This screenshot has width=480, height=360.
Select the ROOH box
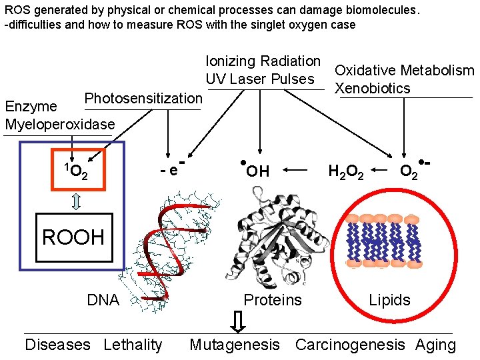coord(73,237)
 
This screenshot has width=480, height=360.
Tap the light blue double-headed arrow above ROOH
coord(76,201)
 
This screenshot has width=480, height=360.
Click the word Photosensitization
coord(143,99)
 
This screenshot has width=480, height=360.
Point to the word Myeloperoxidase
coord(59,124)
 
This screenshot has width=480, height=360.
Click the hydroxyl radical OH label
coord(255,171)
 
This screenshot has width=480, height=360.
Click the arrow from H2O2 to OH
coord(297,171)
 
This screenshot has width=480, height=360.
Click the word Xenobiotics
coord(372,89)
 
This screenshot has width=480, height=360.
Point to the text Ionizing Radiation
coord(263,61)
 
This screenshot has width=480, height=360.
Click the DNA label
coord(103,300)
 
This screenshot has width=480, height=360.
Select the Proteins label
coord(272,300)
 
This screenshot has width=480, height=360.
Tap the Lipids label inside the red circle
coord(389,300)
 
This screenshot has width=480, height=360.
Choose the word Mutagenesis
coord(235,345)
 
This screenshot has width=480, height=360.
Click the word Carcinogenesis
coord(349,345)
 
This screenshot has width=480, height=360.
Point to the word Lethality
coord(133,345)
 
